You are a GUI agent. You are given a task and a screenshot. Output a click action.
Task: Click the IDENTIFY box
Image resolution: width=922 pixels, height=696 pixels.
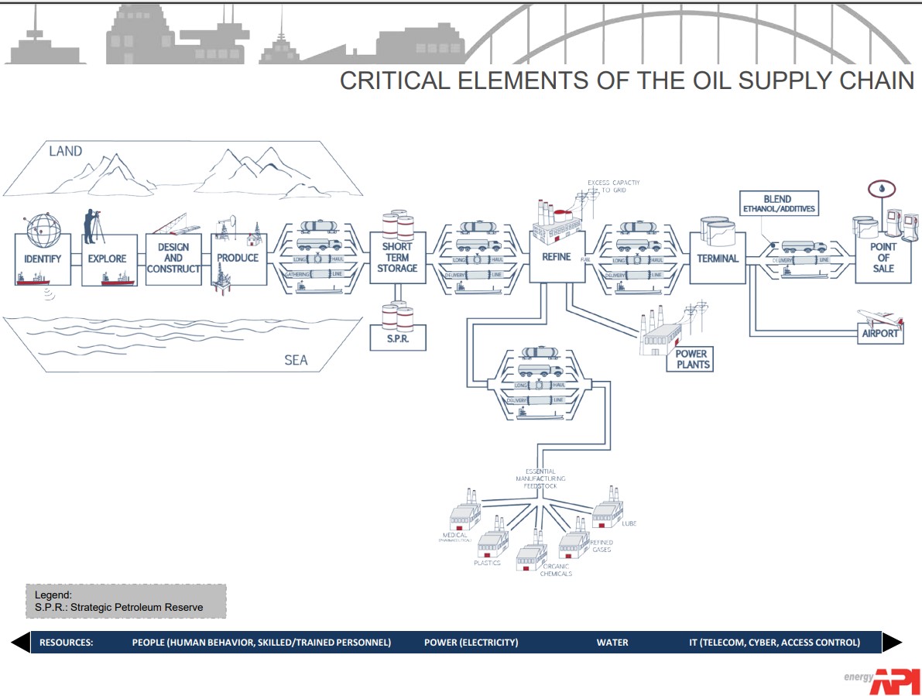43,259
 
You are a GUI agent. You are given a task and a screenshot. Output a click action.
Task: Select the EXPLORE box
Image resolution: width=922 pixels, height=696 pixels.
108,259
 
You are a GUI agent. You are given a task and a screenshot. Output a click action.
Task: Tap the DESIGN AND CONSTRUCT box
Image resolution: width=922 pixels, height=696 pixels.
173,259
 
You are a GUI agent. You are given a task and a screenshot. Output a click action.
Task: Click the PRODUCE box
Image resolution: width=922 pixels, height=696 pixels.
238,258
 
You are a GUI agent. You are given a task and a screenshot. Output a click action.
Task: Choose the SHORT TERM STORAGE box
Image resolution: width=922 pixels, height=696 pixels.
399,258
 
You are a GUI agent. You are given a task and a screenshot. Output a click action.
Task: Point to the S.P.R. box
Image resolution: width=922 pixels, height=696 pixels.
399,339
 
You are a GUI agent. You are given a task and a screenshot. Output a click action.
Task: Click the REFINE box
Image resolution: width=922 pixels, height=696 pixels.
556,257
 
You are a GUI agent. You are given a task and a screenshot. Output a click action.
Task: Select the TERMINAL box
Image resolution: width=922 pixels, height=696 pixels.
718,258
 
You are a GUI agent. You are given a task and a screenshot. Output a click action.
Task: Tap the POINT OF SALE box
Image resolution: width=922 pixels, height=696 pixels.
883,258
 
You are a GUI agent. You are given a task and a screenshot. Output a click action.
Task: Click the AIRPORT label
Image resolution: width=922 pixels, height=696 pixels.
880,334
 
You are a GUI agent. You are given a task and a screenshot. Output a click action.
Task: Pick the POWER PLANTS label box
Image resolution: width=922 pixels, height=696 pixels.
692,359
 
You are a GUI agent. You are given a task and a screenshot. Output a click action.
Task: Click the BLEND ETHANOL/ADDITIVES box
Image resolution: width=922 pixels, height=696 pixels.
777,204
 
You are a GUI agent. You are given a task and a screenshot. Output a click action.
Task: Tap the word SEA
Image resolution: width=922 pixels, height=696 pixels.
295,360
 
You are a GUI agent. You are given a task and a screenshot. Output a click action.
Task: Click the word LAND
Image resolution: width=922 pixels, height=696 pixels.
65,151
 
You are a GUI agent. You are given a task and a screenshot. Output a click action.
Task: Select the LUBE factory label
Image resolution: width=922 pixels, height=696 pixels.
628,523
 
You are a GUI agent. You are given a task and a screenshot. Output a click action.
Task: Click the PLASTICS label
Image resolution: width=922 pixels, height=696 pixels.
487,563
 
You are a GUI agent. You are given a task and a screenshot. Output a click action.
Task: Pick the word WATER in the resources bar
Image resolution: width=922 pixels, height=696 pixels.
612,643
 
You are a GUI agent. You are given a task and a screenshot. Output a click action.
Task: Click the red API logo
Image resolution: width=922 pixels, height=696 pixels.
895,681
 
